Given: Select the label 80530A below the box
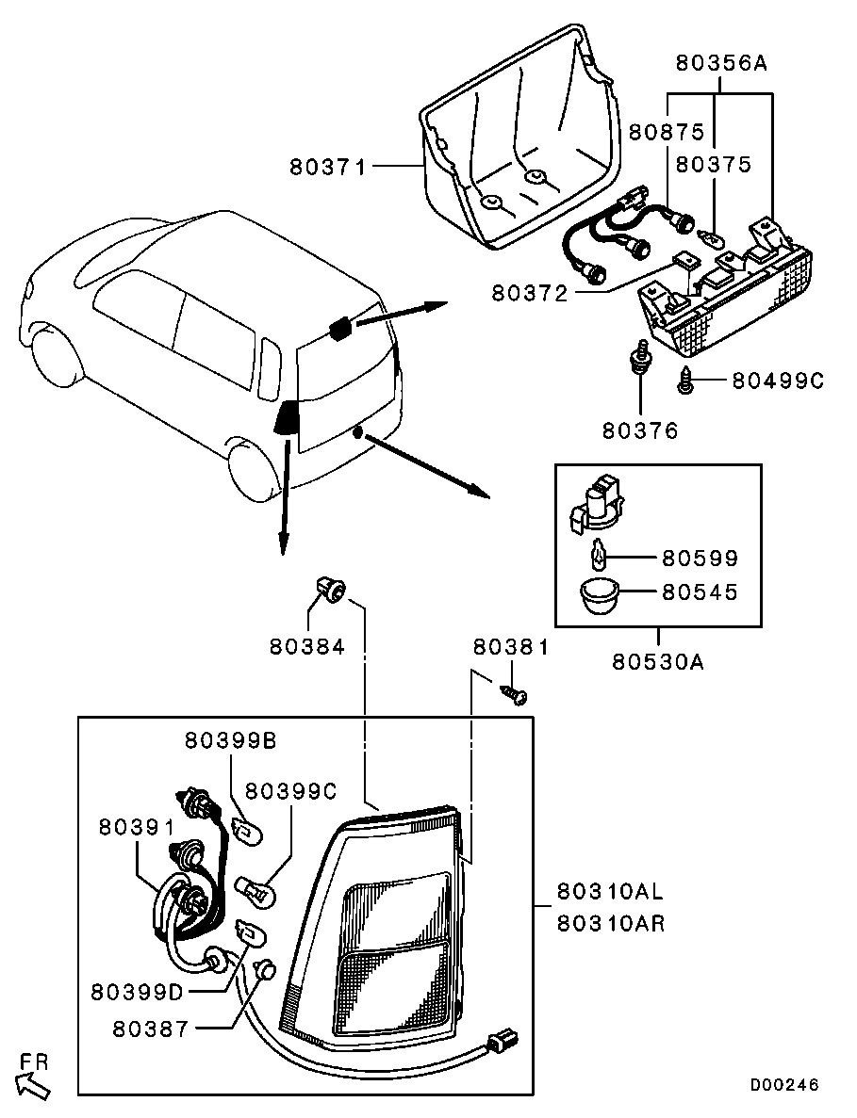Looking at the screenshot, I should point(657,661).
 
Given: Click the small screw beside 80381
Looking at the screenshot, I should point(516,695).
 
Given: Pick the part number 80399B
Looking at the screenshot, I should point(230,740).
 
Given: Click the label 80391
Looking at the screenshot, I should point(136,826).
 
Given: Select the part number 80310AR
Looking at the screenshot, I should point(610,924).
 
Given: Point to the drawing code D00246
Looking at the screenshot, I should point(784,1085).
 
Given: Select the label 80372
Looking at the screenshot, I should point(529,293).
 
